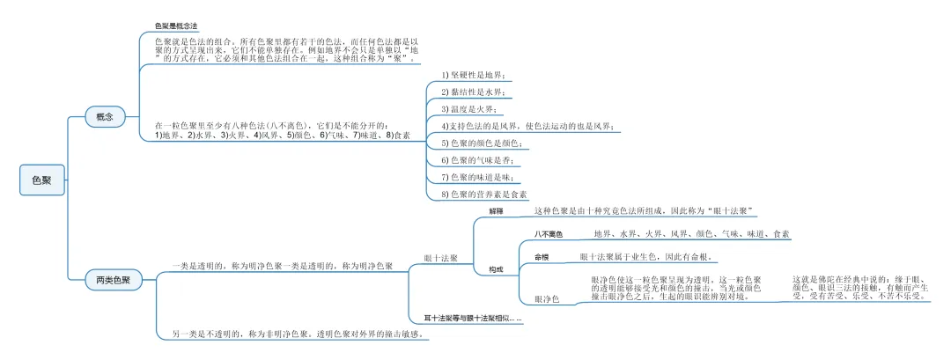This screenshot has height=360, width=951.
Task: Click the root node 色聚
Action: [x=41, y=180]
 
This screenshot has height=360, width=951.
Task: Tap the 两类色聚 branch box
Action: [x=113, y=281]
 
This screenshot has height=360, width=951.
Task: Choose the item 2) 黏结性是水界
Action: [x=474, y=92]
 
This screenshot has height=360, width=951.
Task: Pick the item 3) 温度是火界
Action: [x=468, y=108]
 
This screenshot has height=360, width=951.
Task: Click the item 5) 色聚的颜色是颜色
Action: [x=483, y=142]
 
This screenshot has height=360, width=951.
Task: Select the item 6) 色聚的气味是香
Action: [x=476, y=159]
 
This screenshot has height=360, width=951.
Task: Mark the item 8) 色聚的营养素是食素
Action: [x=484, y=193]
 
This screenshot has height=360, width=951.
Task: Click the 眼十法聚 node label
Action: [x=440, y=258]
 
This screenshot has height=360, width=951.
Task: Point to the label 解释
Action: [x=496, y=212]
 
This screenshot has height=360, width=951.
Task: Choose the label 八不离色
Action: [x=548, y=235]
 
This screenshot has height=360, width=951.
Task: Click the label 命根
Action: [x=542, y=257]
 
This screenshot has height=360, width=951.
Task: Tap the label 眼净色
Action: [x=547, y=299]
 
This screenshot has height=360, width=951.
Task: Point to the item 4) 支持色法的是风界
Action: [x=527, y=126]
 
